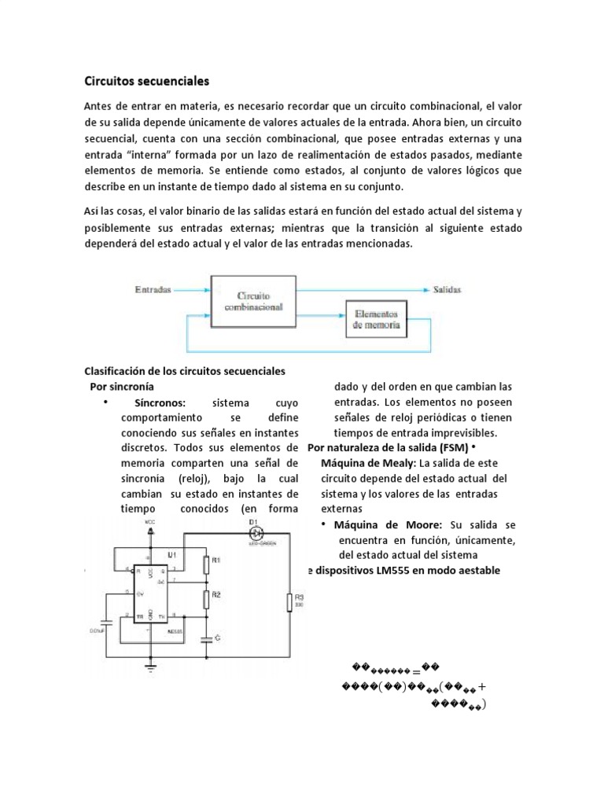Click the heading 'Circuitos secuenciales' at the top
point(147,80)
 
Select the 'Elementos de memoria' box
point(376,318)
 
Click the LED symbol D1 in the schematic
point(254,531)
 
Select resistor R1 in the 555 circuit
point(206,564)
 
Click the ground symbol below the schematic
point(150,668)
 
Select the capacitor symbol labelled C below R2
point(206,638)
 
